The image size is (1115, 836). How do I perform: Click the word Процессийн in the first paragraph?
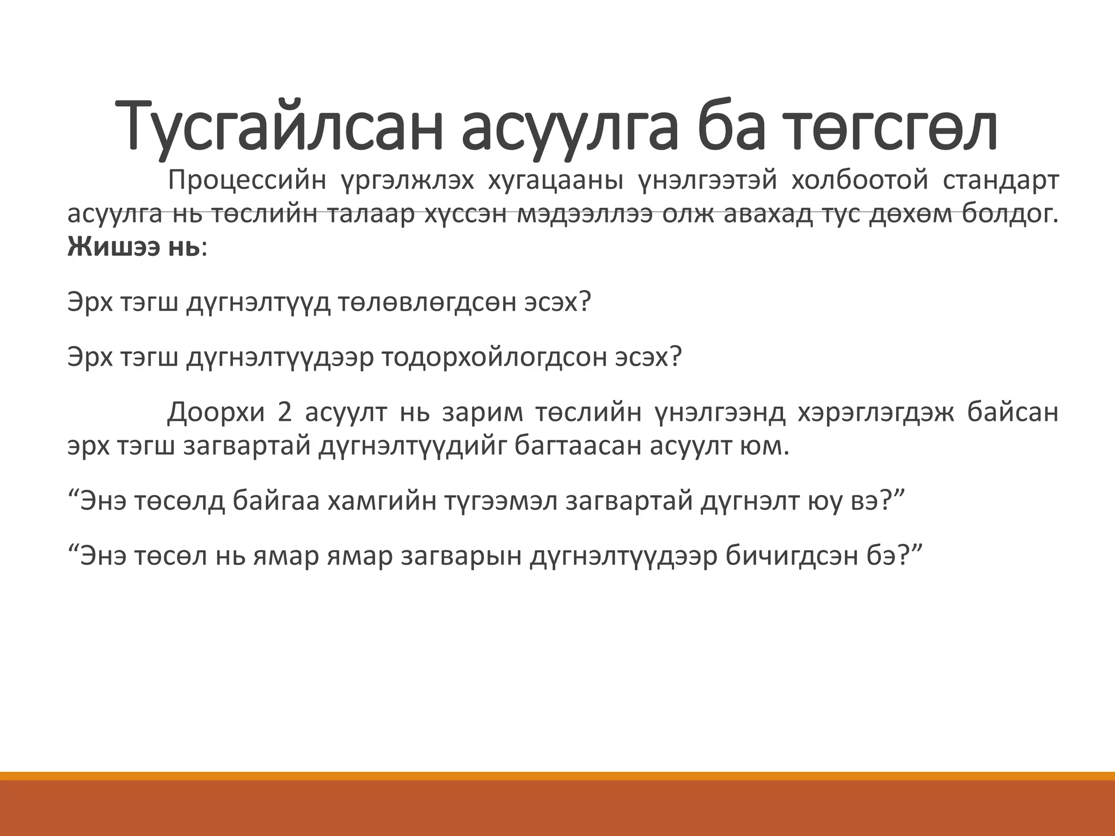[247, 181]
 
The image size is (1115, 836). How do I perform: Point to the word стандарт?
[1000, 181]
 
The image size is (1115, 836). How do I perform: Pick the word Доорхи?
[216, 413]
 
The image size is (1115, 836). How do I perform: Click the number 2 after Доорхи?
[284, 413]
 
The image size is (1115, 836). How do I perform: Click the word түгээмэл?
[500, 501]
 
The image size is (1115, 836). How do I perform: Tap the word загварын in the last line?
[460, 556]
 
